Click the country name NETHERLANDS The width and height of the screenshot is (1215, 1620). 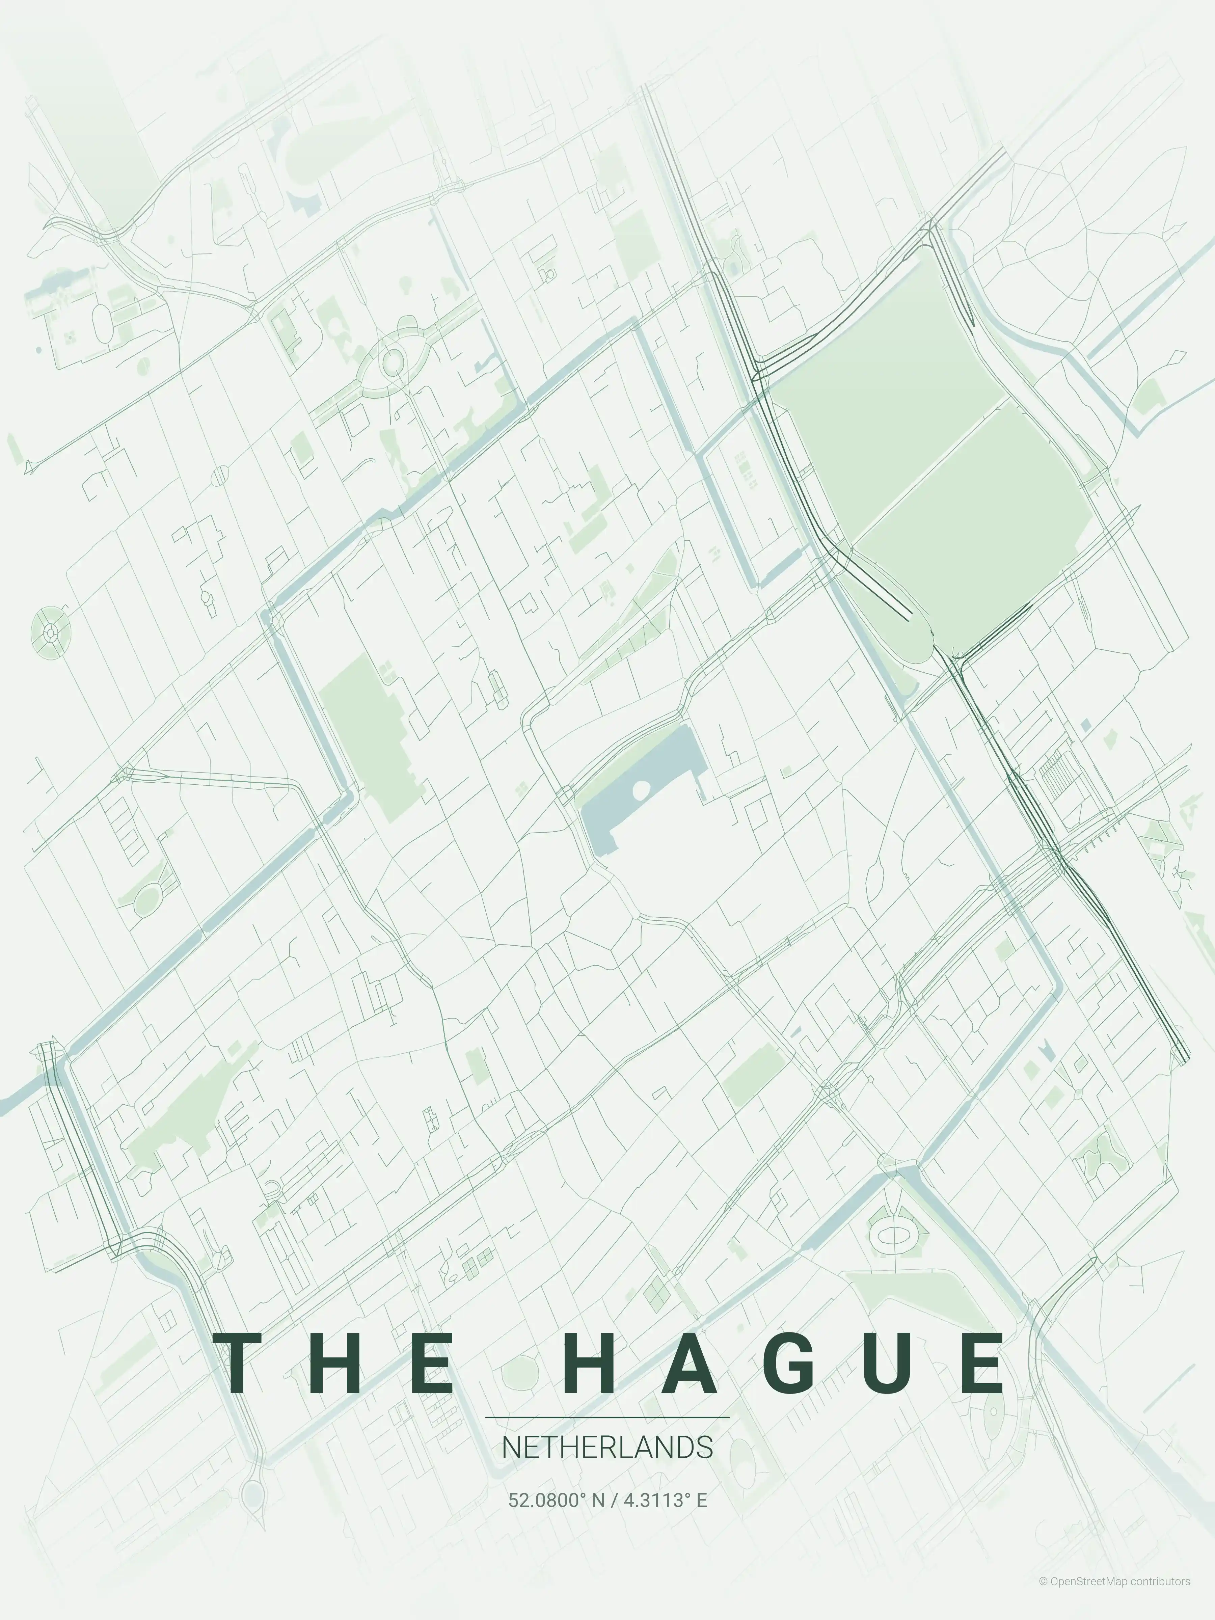[607, 1448]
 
